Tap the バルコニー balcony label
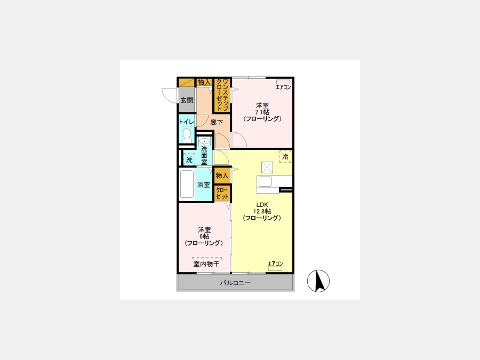(235, 283)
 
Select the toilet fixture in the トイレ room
(187, 135)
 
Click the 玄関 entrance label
(187, 100)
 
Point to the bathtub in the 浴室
(187, 184)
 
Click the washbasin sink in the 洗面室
(204, 141)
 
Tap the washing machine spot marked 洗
(189, 160)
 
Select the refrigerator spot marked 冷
(285, 156)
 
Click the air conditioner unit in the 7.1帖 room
(283, 82)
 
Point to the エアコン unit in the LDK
(275, 268)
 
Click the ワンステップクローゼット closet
(222, 95)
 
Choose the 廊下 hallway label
(217, 122)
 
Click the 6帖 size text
(204, 236)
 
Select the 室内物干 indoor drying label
(206, 264)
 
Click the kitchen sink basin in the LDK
(265, 181)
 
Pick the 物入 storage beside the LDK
(222, 175)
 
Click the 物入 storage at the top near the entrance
(204, 82)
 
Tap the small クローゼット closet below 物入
(222, 194)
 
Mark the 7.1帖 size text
(262, 112)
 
